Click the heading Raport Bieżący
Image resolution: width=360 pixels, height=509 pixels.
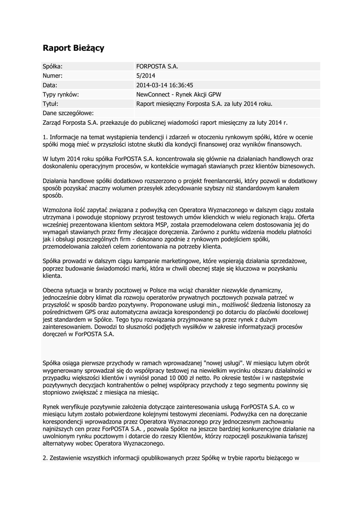[x=73, y=48]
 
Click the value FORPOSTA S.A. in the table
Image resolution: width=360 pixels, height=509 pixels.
[x=157, y=66]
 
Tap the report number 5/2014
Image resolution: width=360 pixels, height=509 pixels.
[x=145, y=76]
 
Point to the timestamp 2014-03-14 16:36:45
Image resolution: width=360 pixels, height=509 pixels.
[x=165, y=85]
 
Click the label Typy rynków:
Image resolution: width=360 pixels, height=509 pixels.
[x=61, y=94]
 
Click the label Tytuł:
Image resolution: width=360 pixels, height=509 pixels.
[x=51, y=104]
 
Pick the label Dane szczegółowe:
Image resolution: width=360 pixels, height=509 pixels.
[x=68, y=113]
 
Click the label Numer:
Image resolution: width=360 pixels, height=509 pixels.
[x=53, y=76]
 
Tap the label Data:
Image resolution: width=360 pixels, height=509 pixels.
[x=50, y=85]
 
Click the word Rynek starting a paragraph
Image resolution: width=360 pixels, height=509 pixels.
[x=52, y=407]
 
